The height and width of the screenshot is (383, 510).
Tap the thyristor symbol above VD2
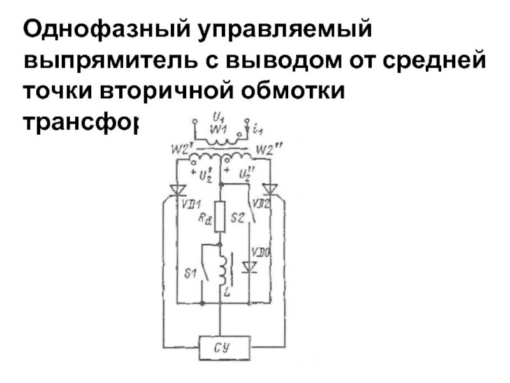pyautogui.click(x=270, y=190)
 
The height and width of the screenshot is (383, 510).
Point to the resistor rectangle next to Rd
pyautogui.click(x=219, y=217)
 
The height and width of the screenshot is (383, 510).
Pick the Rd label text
pyautogui.click(x=205, y=219)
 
